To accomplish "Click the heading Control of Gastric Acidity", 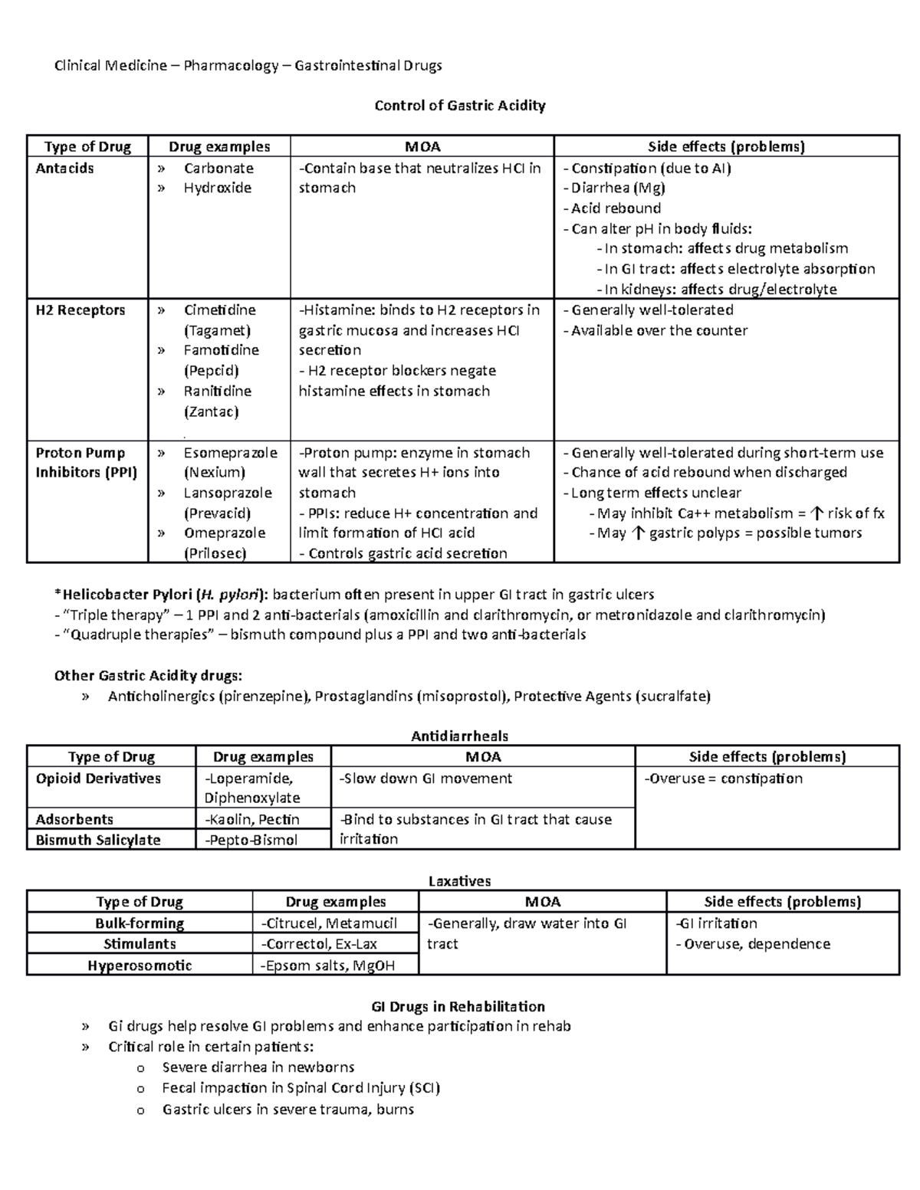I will point(459,106).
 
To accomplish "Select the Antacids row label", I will point(64,169).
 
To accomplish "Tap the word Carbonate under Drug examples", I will point(219,169).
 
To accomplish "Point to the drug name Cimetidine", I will point(220,310).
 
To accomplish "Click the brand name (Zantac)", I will point(211,411).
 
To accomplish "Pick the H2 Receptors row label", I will point(80,310).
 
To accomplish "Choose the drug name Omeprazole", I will point(225,533).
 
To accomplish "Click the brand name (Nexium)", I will point(215,473).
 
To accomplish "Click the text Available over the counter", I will point(659,331).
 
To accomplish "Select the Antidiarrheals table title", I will point(459,736).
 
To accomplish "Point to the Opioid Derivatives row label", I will point(98,779).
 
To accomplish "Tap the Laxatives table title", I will point(459,881).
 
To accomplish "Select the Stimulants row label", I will point(140,944).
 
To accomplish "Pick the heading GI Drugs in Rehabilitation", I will point(458,1007).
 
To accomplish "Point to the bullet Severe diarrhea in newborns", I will point(258,1067).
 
